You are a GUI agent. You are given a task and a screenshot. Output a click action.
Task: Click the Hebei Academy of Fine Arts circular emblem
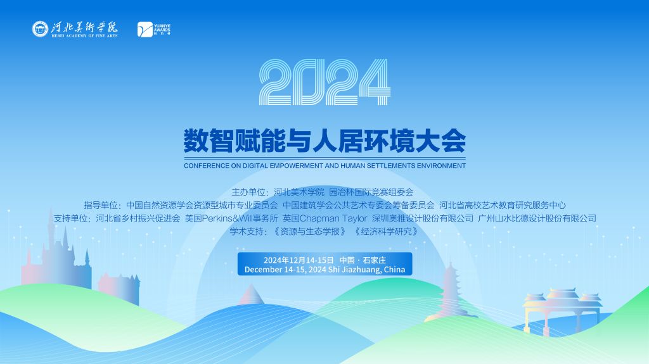[40, 29]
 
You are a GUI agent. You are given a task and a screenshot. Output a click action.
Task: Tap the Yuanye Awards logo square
[145, 29]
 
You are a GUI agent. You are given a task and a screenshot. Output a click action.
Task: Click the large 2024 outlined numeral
[325, 82]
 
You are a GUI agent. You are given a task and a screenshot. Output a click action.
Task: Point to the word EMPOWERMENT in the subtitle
[297, 165]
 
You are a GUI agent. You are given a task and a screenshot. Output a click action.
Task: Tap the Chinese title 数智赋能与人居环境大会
[325, 141]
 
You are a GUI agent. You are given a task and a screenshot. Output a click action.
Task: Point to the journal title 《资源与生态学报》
[309, 232]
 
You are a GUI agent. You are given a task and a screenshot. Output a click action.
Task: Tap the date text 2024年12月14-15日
[299, 260]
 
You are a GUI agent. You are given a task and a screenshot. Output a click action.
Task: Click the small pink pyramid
[251, 294]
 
